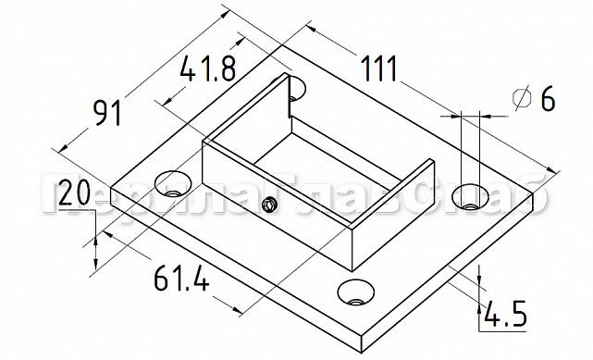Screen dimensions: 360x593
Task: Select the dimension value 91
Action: click(108, 114)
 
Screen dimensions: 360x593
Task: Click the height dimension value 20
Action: click(73, 194)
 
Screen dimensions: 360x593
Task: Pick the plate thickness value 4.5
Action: click(504, 316)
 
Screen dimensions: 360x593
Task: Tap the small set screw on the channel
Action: click(269, 205)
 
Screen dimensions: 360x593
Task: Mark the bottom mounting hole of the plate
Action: click(356, 293)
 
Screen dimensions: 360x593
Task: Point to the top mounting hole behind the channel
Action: click(295, 89)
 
